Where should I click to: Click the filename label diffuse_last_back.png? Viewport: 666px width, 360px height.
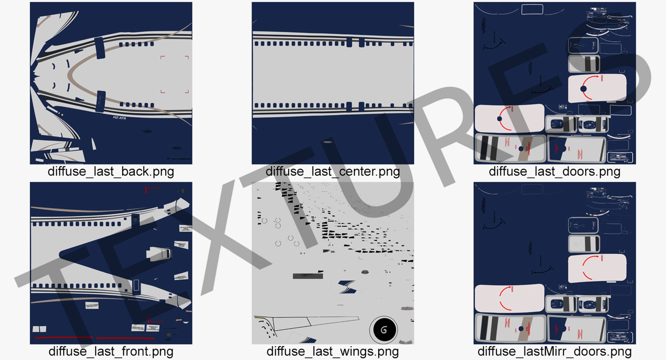111,172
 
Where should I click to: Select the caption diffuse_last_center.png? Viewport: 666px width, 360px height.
332,172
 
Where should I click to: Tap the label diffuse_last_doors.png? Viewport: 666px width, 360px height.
554,172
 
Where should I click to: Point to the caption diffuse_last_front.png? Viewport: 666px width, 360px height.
111,351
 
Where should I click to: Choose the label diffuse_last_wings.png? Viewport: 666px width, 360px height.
332,351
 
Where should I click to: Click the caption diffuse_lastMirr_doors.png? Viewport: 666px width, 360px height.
554,351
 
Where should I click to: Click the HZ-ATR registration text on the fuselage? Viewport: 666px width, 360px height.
119,118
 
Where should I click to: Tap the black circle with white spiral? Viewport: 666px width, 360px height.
384,329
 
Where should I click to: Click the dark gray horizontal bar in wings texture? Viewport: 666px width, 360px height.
308,276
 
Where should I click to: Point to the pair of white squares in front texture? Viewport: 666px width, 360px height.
39,329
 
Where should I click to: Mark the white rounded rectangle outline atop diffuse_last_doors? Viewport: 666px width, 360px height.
532,9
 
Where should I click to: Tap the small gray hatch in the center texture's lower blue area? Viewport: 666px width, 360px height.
327,142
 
